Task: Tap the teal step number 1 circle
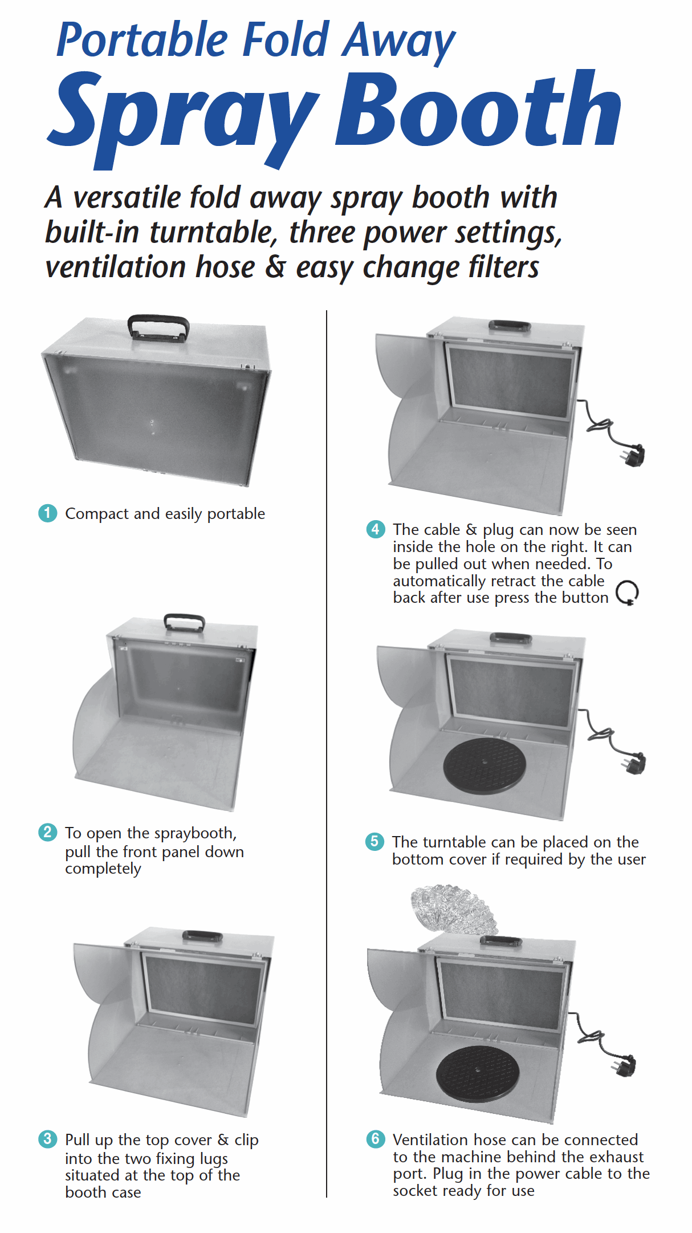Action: [x=48, y=513]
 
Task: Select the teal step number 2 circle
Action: [x=48, y=832]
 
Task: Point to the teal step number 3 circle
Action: [x=48, y=1139]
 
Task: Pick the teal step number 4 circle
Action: [x=376, y=529]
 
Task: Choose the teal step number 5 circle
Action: [x=375, y=841]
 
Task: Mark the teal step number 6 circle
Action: [x=376, y=1139]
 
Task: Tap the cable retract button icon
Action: [x=627, y=593]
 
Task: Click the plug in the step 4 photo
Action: [x=633, y=455]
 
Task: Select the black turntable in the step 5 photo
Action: [x=485, y=765]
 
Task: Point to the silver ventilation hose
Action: [x=453, y=910]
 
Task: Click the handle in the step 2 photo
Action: [x=184, y=621]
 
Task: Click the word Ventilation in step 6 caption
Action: [x=430, y=1139]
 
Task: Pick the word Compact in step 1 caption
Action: [x=97, y=514]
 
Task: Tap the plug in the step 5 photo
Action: [x=634, y=763]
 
